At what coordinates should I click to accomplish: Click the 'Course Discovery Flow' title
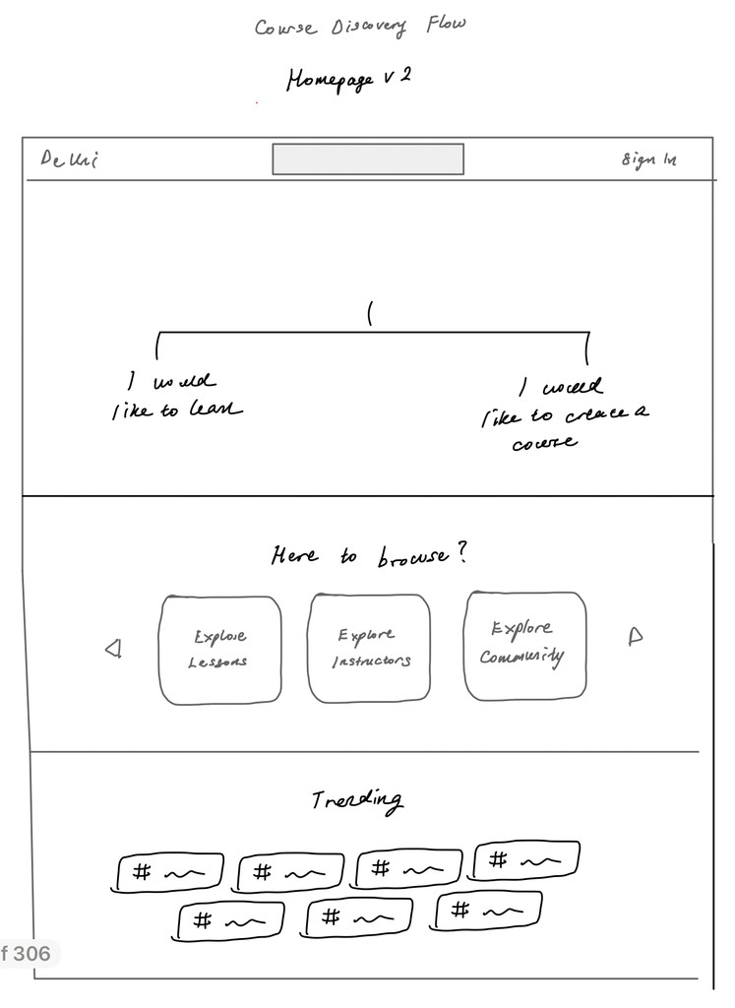pyautogui.click(x=360, y=26)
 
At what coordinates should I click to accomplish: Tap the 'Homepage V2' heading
pyautogui.click(x=347, y=79)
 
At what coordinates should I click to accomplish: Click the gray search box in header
pyautogui.click(x=368, y=159)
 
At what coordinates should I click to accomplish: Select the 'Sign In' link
pyautogui.click(x=648, y=159)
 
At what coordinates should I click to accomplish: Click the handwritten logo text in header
pyautogui.click(x=69, y=159)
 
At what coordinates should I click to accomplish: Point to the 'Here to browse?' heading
pyautogui.click(x=369, y=556)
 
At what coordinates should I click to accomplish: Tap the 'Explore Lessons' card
pyautogui.click(x=219, y=650)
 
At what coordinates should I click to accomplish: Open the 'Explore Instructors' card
pyautogui.click(x=370, y=649)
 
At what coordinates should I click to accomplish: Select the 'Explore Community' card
pyautogui.click(x=524, y=646)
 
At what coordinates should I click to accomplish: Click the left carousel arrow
pyautogui.click(x=113, y=648)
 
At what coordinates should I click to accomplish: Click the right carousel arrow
pyautogui.click(x=635, y=637)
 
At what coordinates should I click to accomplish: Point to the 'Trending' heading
pyautogui.click(x=356, y=800)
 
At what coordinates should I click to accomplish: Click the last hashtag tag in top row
pyautogui.click(x=526, y=861)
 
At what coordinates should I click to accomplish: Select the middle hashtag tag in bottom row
pyautogui.click(x=359, y=918)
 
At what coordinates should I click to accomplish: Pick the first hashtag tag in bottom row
pyautogui.click(x=230, y=921)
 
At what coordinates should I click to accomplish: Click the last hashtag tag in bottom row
pyautogui.click(x=487, y=911)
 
